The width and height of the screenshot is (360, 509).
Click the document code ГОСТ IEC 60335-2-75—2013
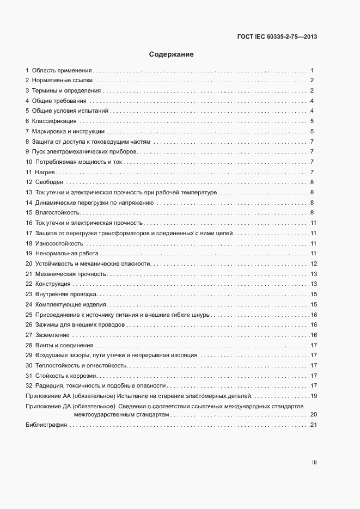[x=277, y=37]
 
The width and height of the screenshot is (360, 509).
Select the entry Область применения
[x=61, y=71]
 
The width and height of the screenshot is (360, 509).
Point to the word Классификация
[x=54, y=121]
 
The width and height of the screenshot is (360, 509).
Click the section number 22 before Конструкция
[x=29, y=284]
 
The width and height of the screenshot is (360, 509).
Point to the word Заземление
[x=52, y=335]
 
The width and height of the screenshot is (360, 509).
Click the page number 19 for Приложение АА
[x=313, y=396]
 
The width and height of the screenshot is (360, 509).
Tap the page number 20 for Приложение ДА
[x=313, y=415]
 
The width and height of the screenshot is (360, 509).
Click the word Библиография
[x=46, y=425]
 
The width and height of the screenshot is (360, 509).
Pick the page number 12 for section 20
[x=313, y=263]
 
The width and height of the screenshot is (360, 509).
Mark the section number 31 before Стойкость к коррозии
[x=29, y=376]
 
